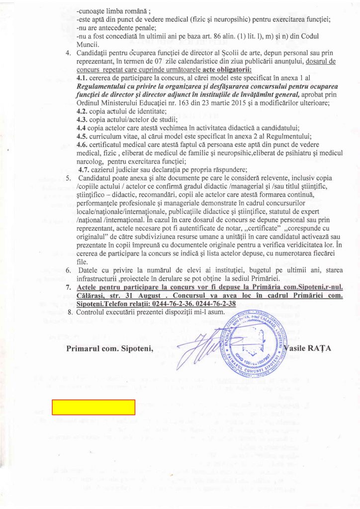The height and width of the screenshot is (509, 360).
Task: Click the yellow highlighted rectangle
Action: [x=94, y=407]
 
